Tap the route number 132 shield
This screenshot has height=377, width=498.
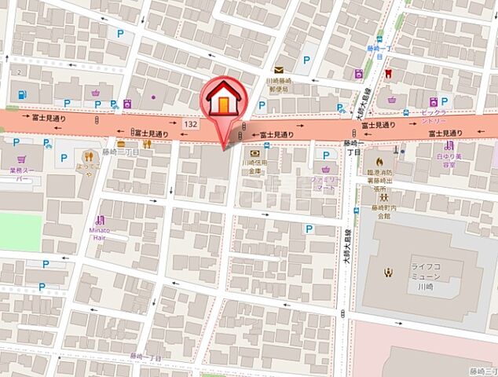point(189,124)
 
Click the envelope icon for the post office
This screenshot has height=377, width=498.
point(279,70)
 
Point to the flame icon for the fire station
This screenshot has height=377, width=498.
point(380,162)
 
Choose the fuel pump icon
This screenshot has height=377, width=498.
point(20,94)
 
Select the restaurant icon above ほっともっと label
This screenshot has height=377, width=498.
point(146,144)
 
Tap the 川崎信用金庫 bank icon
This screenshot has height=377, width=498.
point(255,154)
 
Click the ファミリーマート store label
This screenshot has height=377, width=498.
point(325,184)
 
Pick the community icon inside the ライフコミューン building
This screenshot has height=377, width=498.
point(386,273)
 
